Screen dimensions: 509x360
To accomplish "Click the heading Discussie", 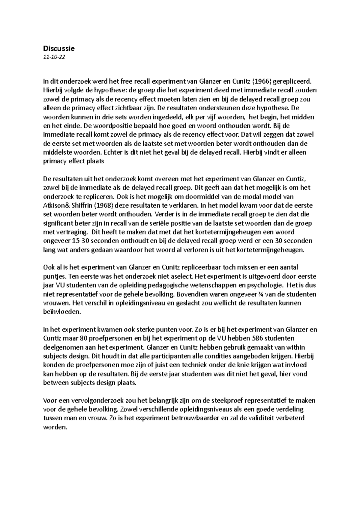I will [x=59, y=48].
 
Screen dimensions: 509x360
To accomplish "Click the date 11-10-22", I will [x=54, y=57].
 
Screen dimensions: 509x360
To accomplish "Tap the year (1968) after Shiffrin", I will [x=102, y=206].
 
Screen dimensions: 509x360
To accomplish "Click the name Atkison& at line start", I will [x=56, y=206].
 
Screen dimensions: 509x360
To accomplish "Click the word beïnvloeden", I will [x=62, y=312].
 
